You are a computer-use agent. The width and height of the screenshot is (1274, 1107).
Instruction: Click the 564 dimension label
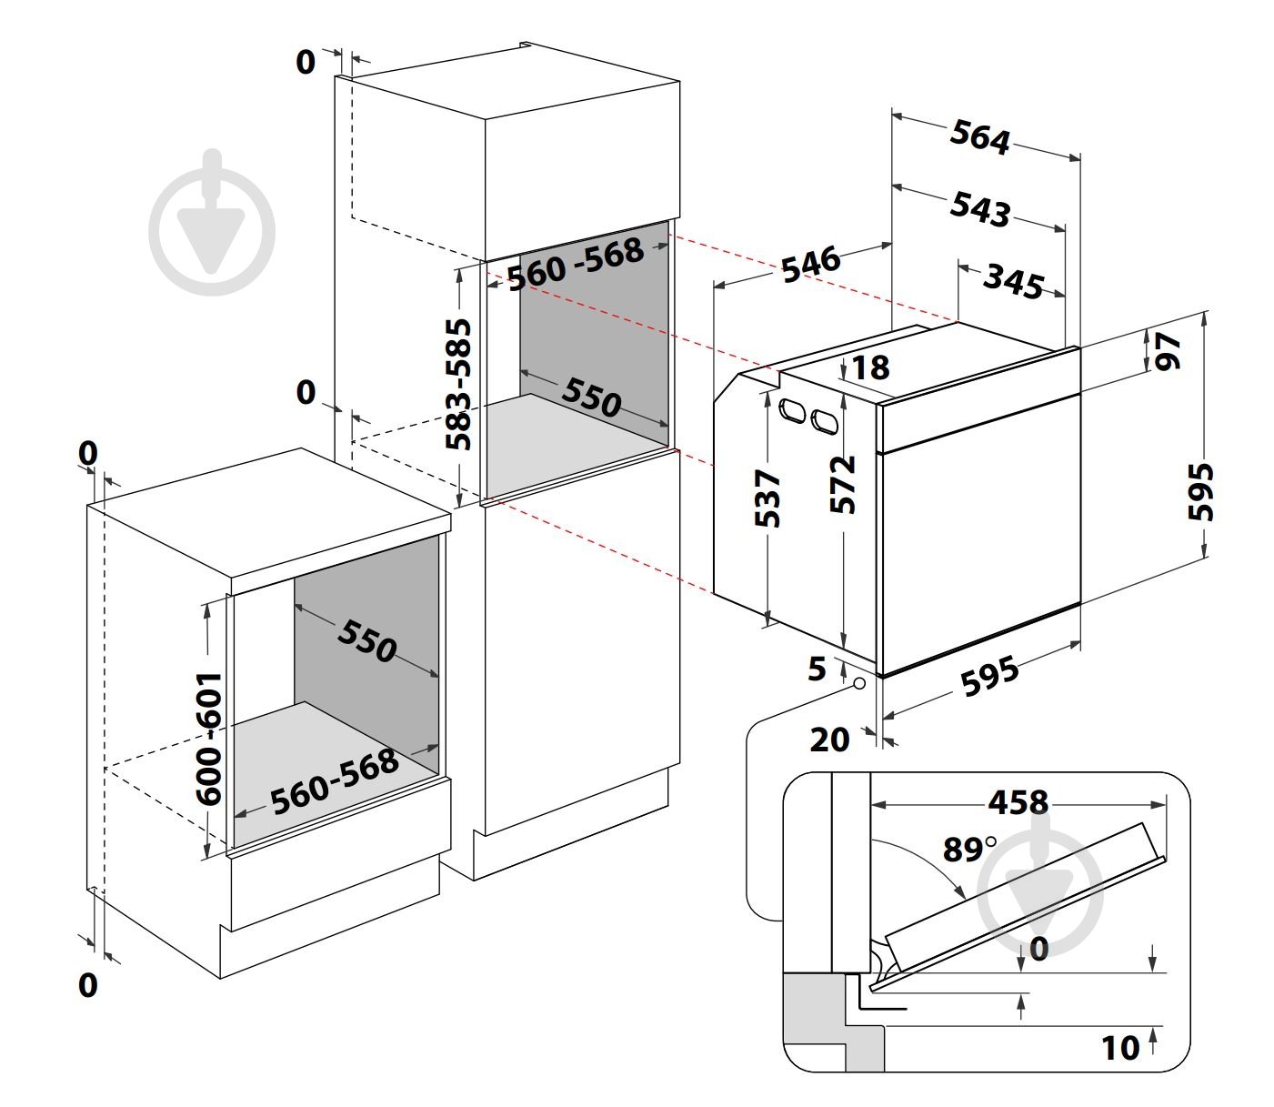point(978,137)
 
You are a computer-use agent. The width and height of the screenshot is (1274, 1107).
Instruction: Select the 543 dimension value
point(978,208)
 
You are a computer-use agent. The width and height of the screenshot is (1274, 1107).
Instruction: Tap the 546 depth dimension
point(811,265)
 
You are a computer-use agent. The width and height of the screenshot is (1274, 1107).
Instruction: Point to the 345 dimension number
point(1013,282)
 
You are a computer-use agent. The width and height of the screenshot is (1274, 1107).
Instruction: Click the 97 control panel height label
point(1167,352)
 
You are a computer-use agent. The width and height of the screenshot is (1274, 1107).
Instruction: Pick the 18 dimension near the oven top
point(870,367)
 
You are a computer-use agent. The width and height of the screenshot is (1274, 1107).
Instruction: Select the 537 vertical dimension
point(767,498)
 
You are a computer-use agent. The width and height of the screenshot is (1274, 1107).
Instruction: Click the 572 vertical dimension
point(842,485)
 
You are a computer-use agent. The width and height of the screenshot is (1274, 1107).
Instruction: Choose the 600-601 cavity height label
point(208,738)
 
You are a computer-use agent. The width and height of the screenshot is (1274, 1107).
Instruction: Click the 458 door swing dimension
point(1018,802)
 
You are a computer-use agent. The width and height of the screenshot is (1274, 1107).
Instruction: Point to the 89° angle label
point(968,849)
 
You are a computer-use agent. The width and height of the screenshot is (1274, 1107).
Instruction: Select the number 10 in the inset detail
point(1120,1048)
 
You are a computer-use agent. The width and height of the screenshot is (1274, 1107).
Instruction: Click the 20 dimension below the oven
point(829,740)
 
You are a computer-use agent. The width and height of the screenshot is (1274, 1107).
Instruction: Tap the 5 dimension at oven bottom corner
point(817,669)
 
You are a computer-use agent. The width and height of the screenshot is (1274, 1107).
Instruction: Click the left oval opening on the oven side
point(792,410)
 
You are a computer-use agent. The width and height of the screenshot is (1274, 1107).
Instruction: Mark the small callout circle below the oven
point(859,684)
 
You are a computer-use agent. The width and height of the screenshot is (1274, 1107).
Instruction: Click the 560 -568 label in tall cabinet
point(576,264)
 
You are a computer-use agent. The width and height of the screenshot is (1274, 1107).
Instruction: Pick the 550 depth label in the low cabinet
point(366,640)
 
